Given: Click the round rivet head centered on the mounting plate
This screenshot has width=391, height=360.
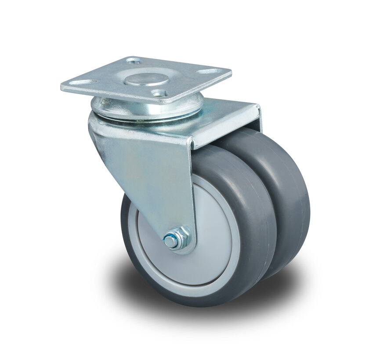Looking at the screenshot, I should [146, 79].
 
